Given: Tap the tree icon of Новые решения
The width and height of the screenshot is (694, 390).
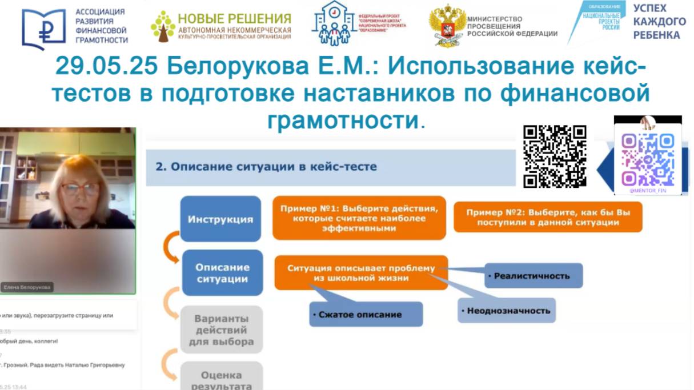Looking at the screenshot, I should pos(163,26).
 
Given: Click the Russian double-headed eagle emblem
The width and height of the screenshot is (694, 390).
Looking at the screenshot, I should pos(447,26).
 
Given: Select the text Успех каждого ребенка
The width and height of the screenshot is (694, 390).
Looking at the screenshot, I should pos(659,22).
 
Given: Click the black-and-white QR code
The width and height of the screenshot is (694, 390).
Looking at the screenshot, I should pos(555,156).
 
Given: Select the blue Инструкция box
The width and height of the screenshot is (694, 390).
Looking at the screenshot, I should pos(220,219).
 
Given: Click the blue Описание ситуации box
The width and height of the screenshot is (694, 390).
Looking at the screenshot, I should pos(222,273).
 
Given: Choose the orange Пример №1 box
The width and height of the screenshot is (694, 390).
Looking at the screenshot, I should pos(359,218).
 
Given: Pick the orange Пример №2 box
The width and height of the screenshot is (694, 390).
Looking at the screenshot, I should pos(547,217).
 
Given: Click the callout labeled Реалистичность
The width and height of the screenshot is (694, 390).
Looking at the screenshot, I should pos(532,276).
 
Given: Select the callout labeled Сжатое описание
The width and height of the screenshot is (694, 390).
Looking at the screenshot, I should pos(366,314).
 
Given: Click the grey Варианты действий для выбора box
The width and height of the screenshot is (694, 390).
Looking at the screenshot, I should pos(222,330).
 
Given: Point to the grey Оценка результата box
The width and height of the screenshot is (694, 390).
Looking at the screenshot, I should pos(222,377).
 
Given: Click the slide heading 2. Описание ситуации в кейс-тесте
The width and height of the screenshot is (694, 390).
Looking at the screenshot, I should pos(266,167).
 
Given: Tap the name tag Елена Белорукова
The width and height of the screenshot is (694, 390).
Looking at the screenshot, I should pos(27,288).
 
